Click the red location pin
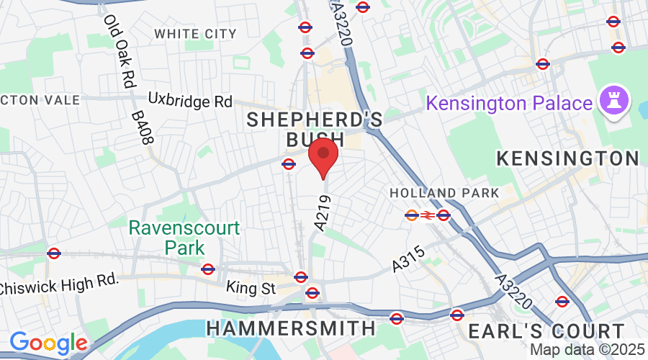coord(323,158)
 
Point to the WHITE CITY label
coord(195,34)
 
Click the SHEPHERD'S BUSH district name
coord(315,130)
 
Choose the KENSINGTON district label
coord(568,158)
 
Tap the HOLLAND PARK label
coord(444,193)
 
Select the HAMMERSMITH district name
coord(291,328)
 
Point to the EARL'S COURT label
coord(546,331)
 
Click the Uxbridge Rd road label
coord(190,100)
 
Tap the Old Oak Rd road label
coord(120,52)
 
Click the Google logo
coord(48,343)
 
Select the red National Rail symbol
coord(428,215)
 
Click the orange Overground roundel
coord(412,215)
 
